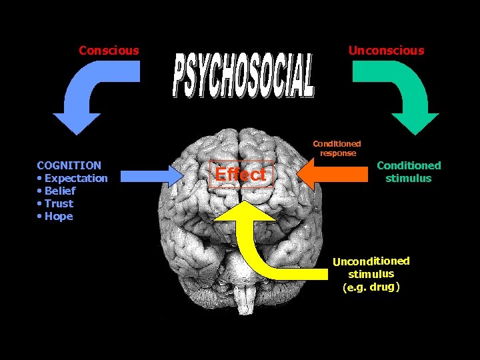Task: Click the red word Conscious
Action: coord(109,50)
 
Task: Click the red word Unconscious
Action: coord(386,50)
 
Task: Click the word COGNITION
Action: coord(69,165)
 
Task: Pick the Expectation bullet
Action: coord(73,178)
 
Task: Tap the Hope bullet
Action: coord(56,216)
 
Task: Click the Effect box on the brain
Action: coord(241,175)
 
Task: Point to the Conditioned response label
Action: coord(337,148)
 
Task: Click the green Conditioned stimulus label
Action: coord(409,171)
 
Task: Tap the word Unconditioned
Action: coord(371,261)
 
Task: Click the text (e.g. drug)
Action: coord(371,287)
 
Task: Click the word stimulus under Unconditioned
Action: coord(371,274)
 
